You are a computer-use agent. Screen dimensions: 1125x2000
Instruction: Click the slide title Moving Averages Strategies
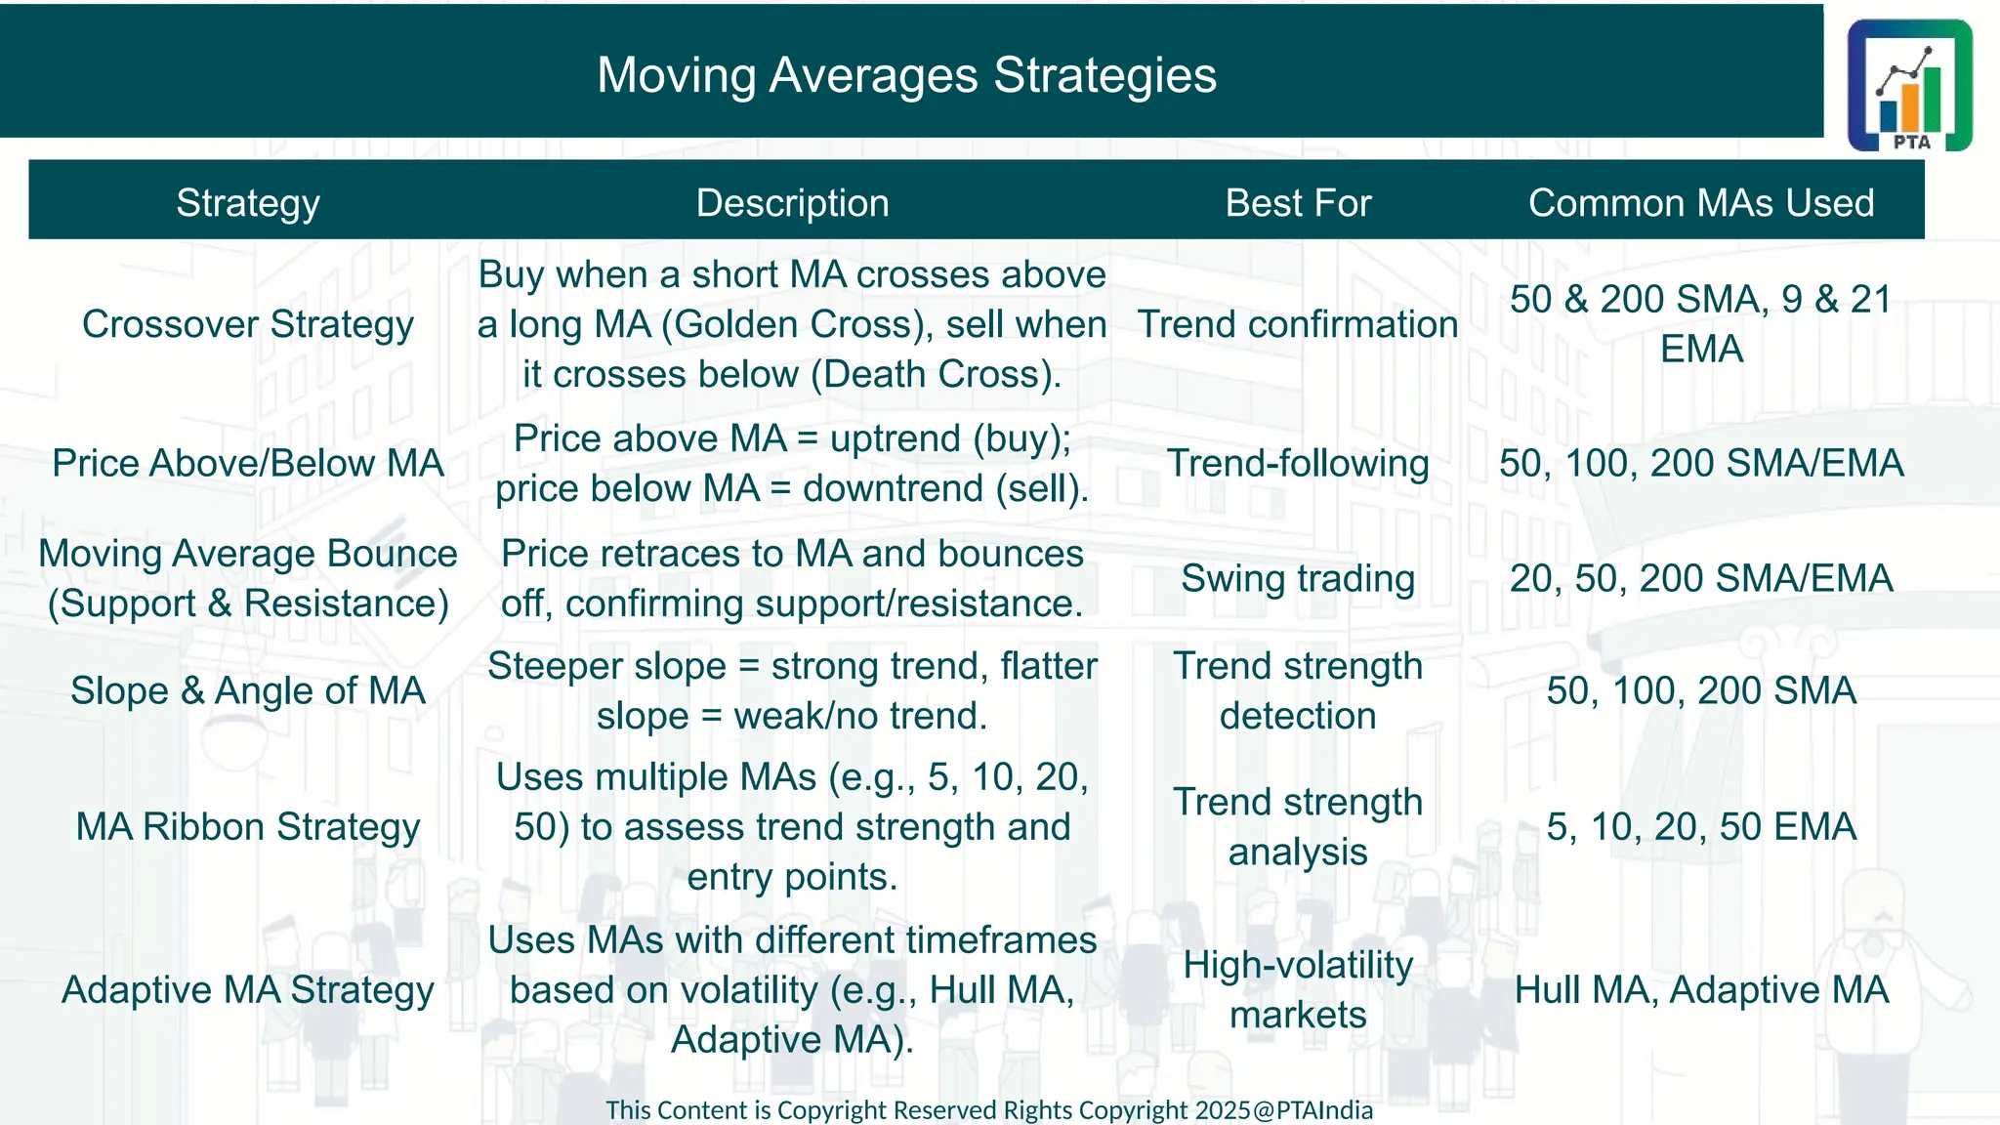pos(906,75)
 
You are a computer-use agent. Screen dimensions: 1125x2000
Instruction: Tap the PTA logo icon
pos(1909,86)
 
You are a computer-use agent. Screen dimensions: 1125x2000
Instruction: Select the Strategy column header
pos(248,203)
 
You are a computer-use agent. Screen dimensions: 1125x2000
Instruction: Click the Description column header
pos(792,203)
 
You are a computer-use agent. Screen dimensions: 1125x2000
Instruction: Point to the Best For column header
pos(1298,203)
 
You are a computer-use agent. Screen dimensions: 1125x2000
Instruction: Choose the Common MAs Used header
pos(1700,203)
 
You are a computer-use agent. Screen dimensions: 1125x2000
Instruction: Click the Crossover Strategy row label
pos(248,324)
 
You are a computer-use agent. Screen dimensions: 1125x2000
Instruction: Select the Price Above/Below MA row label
pos(248,463)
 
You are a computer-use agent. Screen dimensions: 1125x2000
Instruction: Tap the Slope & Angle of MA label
pos(248,690)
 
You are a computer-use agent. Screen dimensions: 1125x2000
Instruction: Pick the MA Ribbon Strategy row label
pos(248,827)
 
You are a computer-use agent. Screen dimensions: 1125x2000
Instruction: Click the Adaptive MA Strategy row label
pos(248,990)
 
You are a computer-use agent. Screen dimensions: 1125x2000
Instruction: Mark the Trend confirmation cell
pos(1298,324)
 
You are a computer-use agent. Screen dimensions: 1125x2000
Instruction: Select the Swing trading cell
pos(1298,578)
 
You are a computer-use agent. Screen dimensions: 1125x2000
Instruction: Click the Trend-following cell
pos(1298,463)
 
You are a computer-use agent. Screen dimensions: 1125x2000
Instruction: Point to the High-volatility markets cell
pos(1298,989)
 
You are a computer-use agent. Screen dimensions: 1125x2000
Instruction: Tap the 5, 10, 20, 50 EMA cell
pos(1700,827)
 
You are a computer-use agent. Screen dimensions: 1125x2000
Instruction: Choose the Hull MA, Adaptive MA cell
pos(1700,990)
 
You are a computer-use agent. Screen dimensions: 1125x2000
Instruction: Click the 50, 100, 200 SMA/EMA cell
pos(1700,463)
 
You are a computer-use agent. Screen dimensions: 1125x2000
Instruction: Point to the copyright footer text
pos(988,1110)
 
